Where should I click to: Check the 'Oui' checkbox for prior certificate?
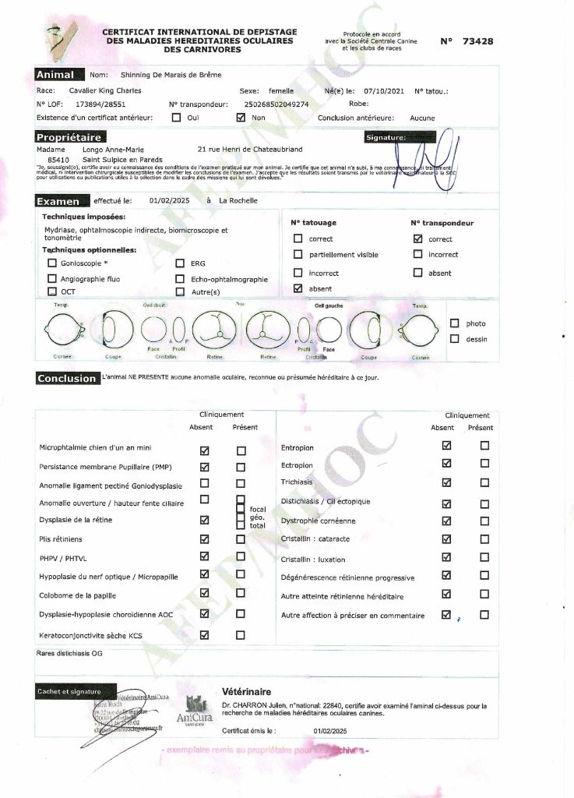pos(176,118)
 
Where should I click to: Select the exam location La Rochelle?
pos(238,200)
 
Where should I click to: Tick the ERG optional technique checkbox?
pos(181,263)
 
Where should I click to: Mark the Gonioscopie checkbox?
pos(52,263)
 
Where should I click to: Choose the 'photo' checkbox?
pos(455,323)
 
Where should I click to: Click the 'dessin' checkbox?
pos(455,339)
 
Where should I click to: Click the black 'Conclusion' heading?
pos(67,379)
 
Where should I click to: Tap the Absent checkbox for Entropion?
pos(446,447)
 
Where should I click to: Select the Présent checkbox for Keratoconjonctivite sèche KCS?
pos(241,635)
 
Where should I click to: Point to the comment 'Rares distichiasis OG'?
pos(69,654)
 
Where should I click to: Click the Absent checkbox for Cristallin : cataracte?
pos(446,538)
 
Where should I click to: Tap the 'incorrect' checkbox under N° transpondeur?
pos(417,254)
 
